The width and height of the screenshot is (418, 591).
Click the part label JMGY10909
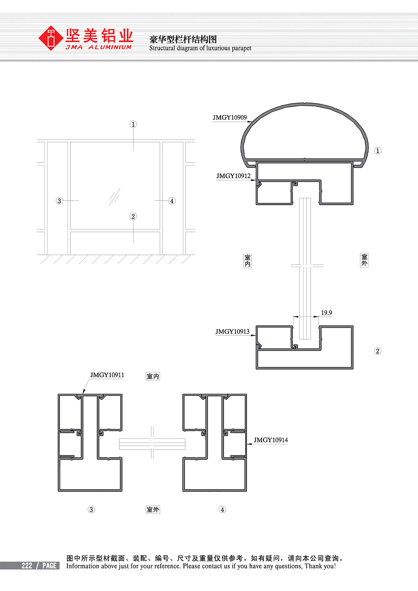(230, 117)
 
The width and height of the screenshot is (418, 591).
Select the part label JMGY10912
(233, 176)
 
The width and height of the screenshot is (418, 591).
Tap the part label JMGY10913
(232, 332)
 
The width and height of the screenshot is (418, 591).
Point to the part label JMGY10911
(107, 375)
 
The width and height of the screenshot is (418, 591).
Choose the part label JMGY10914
(271, 440)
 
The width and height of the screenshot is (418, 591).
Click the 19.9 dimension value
(326, 313)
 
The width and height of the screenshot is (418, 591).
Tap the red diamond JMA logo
(51, 38)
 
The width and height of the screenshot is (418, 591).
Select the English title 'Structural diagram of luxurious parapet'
(200, 48)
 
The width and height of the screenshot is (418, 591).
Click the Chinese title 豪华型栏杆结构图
(183, 40)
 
